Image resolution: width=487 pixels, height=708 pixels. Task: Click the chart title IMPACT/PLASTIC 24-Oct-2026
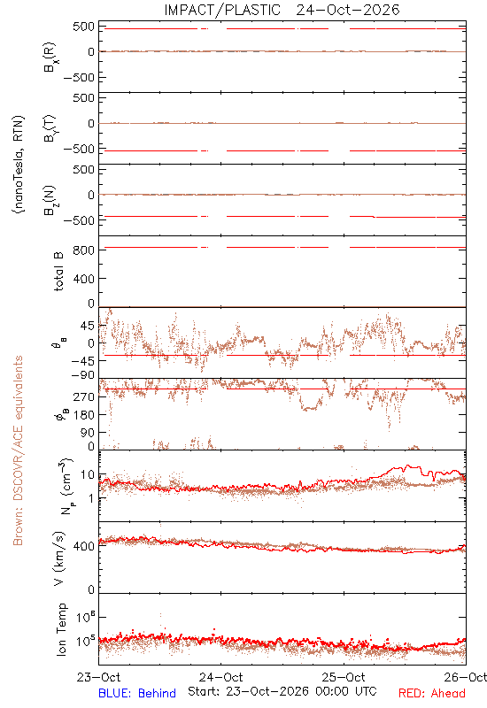[x=282, y=10]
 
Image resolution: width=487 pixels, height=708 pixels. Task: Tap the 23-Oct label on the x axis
[x=99, y=677]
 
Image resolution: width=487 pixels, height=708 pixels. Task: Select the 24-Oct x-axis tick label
[x=221, y=677]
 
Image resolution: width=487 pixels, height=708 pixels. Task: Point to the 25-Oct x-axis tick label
[x=344, y=677]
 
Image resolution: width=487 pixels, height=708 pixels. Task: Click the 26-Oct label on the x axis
[x=466, y=677]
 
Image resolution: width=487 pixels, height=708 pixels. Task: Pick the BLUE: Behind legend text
[x=137, y=693]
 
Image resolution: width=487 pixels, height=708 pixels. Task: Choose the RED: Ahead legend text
[x=432, y=693]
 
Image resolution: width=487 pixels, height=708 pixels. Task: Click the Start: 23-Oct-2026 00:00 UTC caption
[x=282, y=692]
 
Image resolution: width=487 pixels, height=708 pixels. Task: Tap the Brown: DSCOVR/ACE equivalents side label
[x=18, y=450]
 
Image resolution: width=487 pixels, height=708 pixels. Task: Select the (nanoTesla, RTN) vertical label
[x=19, y=165]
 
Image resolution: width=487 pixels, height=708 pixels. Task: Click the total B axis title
[x=59, y=272]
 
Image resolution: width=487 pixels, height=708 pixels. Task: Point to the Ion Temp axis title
[x=61, y=629]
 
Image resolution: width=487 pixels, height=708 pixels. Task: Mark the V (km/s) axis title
[x=59, y=558]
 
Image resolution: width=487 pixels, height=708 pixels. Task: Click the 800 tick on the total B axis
[x=83, y=250]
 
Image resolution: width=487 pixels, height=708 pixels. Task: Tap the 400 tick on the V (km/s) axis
[x=83, y=546]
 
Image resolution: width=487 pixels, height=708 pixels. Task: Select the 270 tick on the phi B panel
[x=83, y=396]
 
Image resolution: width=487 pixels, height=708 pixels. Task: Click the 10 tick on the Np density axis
[x=88, y=475]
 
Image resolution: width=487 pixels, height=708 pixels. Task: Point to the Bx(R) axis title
[x=50, y=57]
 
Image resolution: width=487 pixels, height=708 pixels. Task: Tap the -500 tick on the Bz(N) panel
[x=80, y=220]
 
